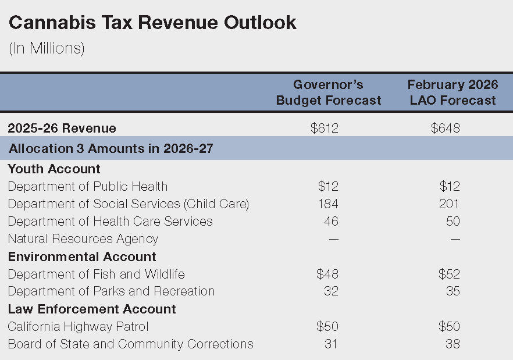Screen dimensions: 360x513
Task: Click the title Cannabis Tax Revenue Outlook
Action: [152, 23]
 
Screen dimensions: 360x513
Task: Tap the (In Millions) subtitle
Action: [47, 49]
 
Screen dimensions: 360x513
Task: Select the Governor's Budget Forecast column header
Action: [329, 92]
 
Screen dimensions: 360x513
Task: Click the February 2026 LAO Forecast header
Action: [453, 92]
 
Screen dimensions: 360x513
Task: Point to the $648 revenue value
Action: [446, 128]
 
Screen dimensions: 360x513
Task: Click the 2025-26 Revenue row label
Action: [62, 128]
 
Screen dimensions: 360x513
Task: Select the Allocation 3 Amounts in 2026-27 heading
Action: [111, 148]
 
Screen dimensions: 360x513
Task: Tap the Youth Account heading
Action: [54, 169]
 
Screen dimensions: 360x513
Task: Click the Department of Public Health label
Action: [88, 186]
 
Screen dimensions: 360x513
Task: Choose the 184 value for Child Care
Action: [327, 204]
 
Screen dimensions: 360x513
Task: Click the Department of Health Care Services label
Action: [111, 221]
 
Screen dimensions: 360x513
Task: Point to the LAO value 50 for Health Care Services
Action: [453, 221]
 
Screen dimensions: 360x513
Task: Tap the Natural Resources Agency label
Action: [83, 238]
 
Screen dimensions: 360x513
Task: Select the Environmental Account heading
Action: [82, 256]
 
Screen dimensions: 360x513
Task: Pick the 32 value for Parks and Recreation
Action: [331, 291]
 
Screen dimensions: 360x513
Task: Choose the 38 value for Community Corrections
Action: [453, 344]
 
